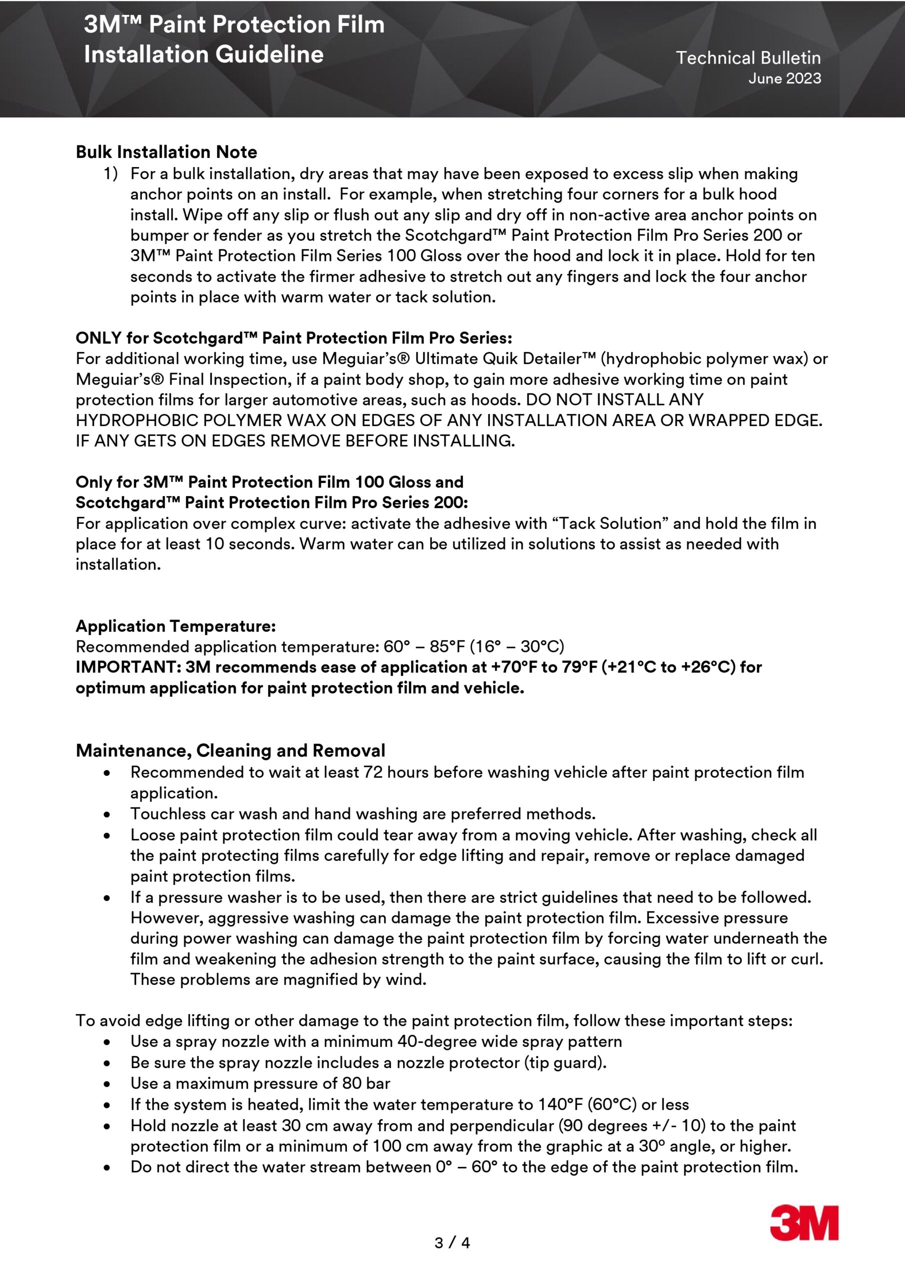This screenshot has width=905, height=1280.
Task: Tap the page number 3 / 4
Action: [452, 1242]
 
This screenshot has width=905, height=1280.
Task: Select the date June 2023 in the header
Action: [784, 78]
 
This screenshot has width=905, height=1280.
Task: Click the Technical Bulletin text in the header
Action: [748, 57]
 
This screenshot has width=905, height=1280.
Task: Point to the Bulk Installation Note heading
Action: [166, 152]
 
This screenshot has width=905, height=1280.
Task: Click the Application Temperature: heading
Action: [175, 626]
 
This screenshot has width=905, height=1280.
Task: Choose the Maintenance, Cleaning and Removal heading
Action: [230, 750]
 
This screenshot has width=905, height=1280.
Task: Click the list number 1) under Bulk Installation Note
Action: [110, 174]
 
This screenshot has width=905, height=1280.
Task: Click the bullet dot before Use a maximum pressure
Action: [106, 1084]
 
